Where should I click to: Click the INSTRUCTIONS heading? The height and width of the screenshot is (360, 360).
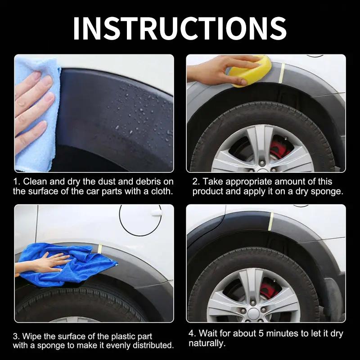click(x=180, y=28)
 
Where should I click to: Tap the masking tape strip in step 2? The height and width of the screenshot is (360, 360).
click(x=282, y=73)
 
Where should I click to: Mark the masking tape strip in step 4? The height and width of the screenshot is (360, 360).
click(x=271, y=221)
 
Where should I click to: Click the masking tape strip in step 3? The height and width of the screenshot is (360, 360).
click(x=100, y=249)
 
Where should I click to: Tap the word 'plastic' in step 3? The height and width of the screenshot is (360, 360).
click(x=123, y=336)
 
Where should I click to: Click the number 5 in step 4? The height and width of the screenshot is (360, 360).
click(x=261, y=333)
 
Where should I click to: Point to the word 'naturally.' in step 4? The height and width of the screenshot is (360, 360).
click(x=207, y=343)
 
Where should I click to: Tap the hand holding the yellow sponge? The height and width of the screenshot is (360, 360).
click(x=218, y=70)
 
